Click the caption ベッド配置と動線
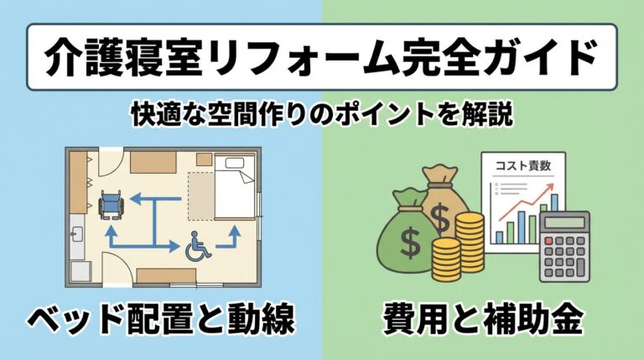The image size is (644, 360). [x=159, y=319]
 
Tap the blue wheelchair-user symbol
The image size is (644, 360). [x=195, y=245]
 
